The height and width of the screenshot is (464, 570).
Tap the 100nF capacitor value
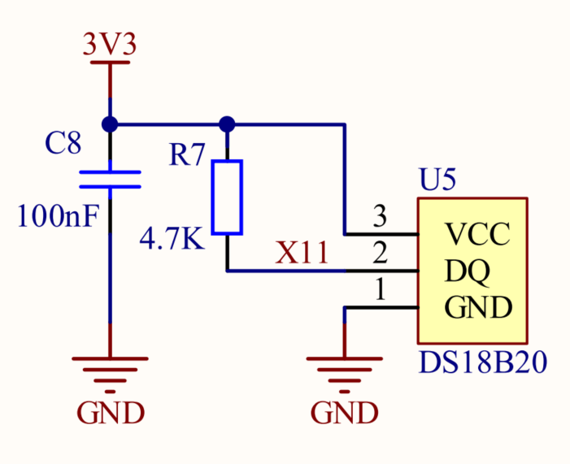click(x=58, y=216)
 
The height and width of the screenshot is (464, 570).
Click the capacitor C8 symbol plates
click(x=110, y=179)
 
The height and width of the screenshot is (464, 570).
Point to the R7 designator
click(x=188, y=155)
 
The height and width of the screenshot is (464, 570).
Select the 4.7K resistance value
click(x=172, y=240)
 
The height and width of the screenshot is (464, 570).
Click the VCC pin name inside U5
click(x=477, y=235)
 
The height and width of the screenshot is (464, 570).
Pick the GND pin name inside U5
click(x=479, y=308)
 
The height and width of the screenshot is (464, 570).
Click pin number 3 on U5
click(x=379, y=217)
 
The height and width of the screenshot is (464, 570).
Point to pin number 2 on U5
click(x=379, y=254)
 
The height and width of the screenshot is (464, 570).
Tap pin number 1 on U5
click(x=379, y=290)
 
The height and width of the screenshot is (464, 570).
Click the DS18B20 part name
click(x=482, y=362)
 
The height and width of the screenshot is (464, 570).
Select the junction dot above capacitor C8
click(x=110, y=124)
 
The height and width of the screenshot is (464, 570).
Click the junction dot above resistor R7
click(x=227, y=124)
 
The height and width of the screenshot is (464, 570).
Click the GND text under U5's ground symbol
click(x=344, y=413)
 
